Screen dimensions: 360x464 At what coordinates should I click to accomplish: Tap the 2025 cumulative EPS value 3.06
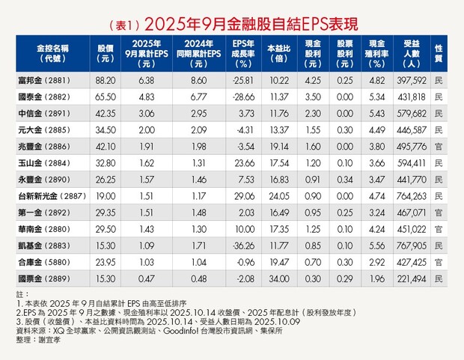click(147, 113)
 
